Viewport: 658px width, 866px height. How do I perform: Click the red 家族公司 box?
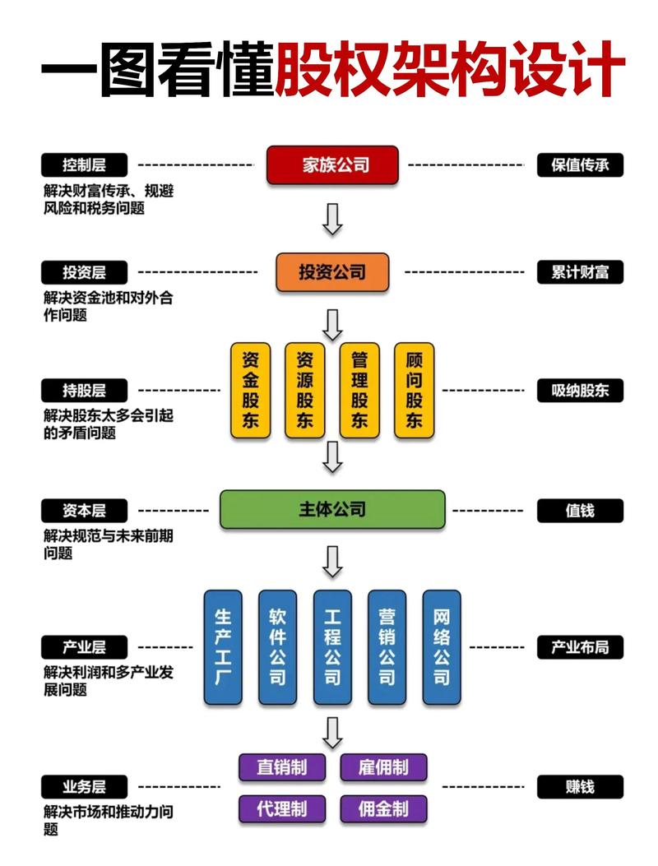point(331,164)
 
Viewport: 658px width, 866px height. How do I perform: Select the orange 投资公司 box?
point(331,271)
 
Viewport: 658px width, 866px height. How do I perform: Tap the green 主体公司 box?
point(331,510)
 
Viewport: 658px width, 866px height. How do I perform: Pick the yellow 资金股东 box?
point(250,390)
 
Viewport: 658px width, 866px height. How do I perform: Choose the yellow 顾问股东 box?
point(414,390)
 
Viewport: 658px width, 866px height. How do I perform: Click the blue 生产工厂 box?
point(223,646)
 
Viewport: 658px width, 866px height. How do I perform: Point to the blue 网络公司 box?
point(442,646)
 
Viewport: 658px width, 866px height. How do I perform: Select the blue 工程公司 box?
point(332,646)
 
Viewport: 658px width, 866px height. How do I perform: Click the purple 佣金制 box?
point(383,809)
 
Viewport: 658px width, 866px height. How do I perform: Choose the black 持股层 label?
point(84,390)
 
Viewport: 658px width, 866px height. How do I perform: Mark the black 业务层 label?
point(84,786)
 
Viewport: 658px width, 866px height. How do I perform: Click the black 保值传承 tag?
point(580,164)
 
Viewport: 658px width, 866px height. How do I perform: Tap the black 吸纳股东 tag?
point(580,390)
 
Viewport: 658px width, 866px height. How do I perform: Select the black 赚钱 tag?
point(580,786)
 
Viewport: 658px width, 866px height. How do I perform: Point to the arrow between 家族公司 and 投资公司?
point(332,218)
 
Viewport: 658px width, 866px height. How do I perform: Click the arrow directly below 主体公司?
point(332,561)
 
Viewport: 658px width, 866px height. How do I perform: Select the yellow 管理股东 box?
point(359,390)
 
